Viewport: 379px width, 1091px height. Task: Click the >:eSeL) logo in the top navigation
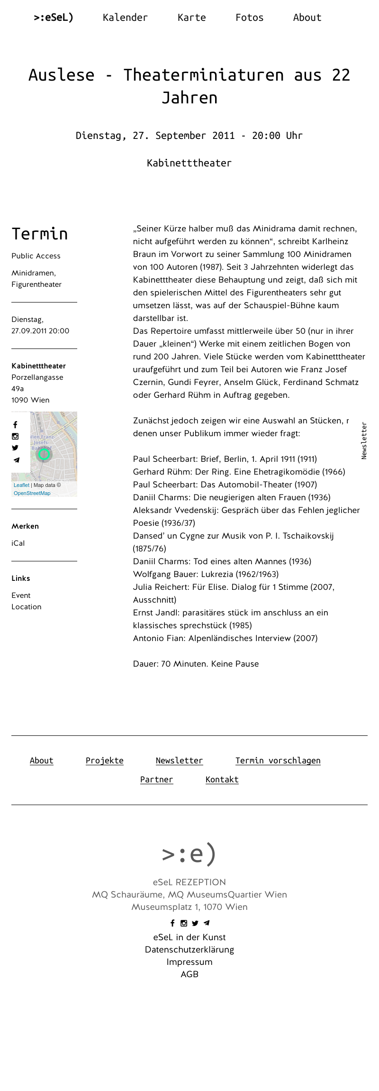54,18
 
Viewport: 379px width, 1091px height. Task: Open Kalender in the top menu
125,18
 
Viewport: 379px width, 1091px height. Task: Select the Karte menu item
191,18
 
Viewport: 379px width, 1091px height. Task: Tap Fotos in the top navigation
249,18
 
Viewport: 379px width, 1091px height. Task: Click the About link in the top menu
307,18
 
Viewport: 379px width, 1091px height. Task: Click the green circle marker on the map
44,454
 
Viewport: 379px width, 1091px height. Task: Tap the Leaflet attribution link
21,485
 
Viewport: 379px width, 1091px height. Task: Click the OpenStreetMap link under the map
32,493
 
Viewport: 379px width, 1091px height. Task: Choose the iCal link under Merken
18,543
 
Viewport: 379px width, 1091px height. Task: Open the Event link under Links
21,596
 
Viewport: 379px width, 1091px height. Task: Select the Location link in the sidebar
27,607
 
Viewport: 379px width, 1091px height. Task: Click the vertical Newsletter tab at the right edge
364,440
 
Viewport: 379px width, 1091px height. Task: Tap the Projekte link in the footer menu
104,761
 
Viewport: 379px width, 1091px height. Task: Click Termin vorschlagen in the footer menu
278,761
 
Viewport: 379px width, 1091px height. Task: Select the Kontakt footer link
222,779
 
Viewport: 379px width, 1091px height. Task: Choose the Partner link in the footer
156,779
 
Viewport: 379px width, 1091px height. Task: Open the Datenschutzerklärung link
189,950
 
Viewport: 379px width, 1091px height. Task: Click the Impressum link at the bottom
189,962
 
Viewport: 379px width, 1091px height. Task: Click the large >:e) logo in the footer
189,854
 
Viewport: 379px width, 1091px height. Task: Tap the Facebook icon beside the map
15,425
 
